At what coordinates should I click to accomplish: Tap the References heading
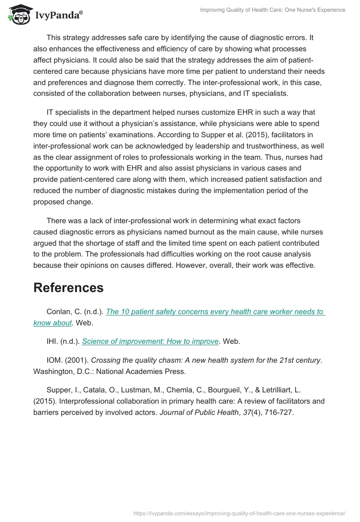click(68, 288)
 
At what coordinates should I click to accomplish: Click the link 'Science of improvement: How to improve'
click(150, 342)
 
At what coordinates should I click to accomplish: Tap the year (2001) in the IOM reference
click(75, 360)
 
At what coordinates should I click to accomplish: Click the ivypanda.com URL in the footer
click(240, 513)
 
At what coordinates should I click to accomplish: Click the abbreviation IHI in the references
click(53, 342)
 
